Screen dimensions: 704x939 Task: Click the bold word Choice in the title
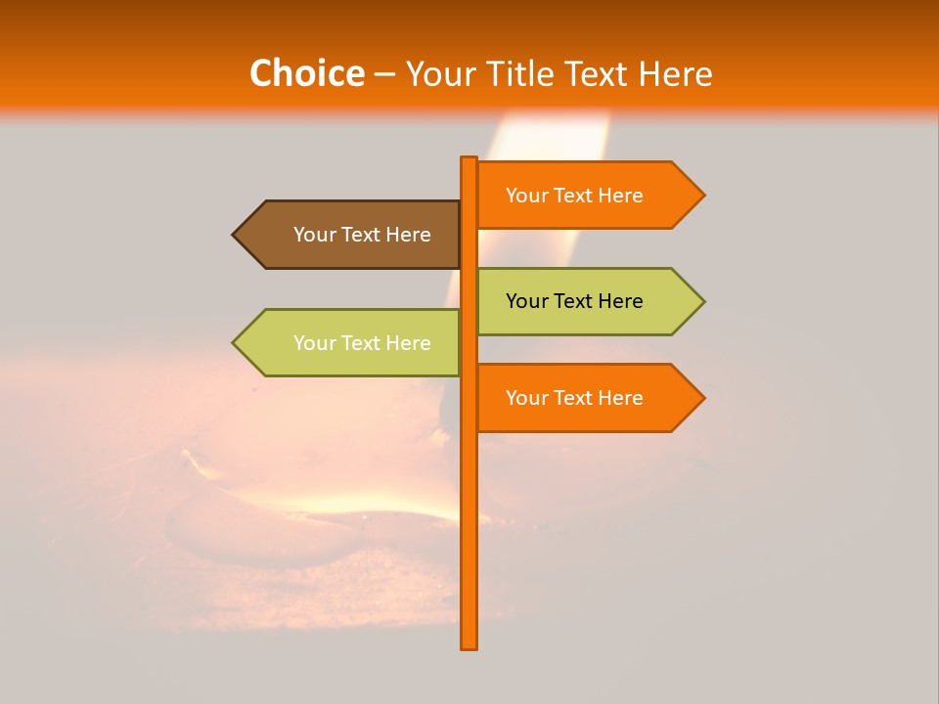pyautogui.click(x=306, y=73)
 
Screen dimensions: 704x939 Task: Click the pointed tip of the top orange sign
pyautogui.click(x=702, y=196)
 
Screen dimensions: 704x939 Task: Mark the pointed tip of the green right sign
pyautogui.click(x=702, y=301)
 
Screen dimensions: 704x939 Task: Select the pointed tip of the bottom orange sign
pyautogui.click(x=702, y=398)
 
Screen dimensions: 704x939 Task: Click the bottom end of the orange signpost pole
pyautogui.click(x=469, y=645)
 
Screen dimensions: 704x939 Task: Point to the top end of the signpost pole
pyautogui.click(x=469, y=159)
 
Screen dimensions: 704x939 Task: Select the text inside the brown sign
pyautogui.click(x=362, y=235)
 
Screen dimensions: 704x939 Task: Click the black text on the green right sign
pyautogui.click(x=574, y=301)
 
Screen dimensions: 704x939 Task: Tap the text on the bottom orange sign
pyautogui.click(x=574, y=398)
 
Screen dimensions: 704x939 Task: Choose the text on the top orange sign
pyautogui.click(x=574, y=196)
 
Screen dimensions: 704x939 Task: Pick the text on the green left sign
pyautogui.click(x=362, y=343)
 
